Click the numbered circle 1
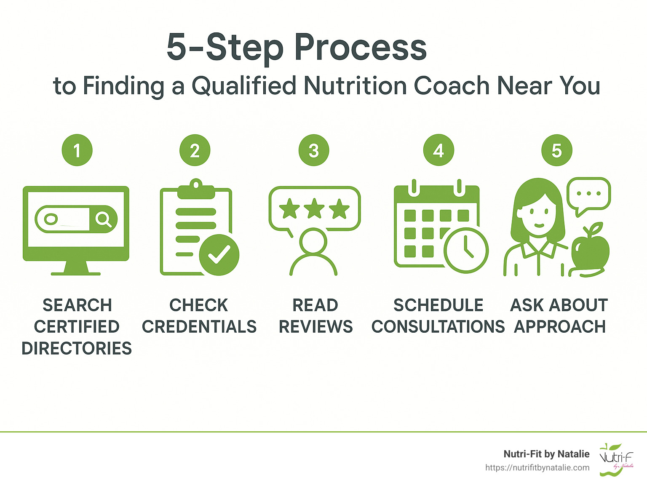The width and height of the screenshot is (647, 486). point(77,150)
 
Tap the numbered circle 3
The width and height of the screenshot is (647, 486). point(313,150)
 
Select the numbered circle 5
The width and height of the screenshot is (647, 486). point(556,150)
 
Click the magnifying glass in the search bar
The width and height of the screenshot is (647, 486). point(103,219)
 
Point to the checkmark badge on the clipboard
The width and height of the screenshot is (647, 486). point(219,254)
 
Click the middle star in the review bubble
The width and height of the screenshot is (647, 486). point(314,209)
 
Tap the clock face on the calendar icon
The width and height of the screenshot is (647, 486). point(466,250)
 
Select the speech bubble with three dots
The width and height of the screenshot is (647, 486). point(589,195)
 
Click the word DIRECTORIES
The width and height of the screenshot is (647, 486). point(77,348)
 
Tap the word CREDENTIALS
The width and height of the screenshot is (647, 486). point(199,327)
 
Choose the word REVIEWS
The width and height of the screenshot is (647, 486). point(315,327)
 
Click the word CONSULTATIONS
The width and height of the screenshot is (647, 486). point(438,327)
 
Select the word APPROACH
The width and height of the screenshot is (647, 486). point(560,327)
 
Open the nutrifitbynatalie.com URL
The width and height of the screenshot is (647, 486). point(537,467)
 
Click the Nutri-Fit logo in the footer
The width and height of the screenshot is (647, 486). point(616,459)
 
